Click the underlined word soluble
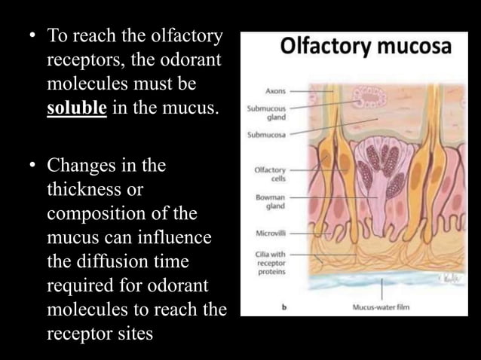(x=77, y=108)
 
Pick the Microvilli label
(x=270, y=232)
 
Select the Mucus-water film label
(x=381, y=307)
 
